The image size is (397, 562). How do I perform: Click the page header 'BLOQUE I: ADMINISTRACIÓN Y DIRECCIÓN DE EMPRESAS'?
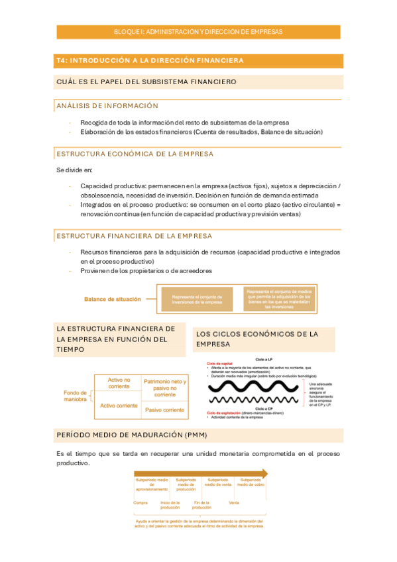click(198, 32)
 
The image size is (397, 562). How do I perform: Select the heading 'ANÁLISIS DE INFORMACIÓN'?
click(107, 105)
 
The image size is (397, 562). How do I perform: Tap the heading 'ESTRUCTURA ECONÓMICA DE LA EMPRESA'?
click(135, 154)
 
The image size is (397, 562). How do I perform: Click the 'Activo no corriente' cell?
click(119, 382)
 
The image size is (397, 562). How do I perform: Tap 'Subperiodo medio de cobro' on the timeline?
click(251, 482)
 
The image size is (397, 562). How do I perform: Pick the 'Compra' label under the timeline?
click(141, 502)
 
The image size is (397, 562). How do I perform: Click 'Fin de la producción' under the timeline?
click(202, 505)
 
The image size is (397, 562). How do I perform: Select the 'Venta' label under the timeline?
click(234, 502)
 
